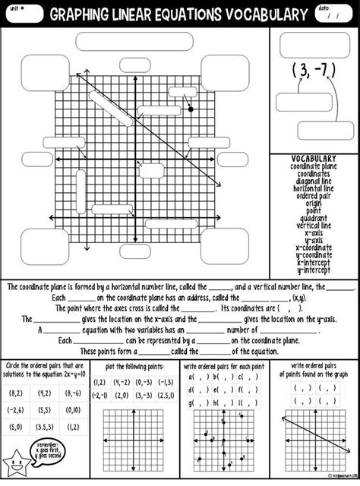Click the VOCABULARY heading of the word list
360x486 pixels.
click(314, 158)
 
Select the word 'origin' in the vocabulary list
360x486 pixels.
click(314, 203)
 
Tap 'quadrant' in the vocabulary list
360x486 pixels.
click(314, 218)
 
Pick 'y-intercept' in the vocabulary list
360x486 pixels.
click(314, 270)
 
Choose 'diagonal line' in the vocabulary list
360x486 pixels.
click(314, 180)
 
